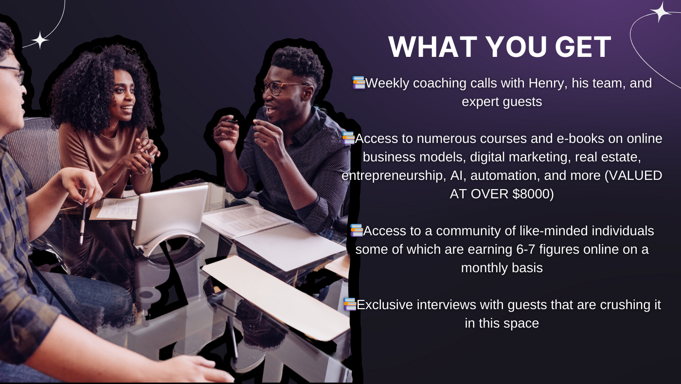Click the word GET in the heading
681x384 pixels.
point(583,47)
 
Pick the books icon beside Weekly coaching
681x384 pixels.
point(359,83)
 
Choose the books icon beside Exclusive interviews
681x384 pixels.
point(350,304)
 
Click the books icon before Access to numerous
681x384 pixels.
point(348,138)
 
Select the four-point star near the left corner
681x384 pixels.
point(40,40)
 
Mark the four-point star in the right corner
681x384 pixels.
point(660,12)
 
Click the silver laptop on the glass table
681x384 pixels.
point(171,219)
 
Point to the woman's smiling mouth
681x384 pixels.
point(127,108)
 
